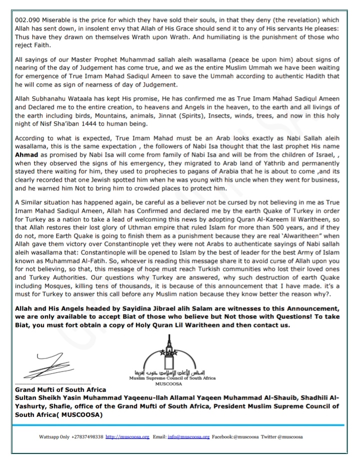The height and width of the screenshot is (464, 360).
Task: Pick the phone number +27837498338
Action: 85,436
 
